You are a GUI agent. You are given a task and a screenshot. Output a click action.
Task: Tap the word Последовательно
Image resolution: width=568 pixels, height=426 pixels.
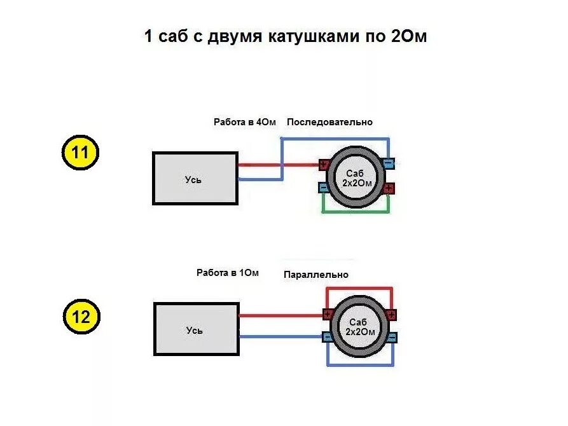329,122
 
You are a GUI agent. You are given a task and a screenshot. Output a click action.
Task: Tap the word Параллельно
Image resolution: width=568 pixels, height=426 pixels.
316,275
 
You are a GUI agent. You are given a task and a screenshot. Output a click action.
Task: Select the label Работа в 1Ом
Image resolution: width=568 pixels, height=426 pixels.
228,273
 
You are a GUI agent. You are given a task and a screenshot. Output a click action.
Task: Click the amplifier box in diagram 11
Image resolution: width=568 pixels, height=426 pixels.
195,179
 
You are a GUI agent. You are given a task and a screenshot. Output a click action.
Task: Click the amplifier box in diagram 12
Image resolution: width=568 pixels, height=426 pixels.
196,329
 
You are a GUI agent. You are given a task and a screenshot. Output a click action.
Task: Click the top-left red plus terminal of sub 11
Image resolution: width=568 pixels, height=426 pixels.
323,165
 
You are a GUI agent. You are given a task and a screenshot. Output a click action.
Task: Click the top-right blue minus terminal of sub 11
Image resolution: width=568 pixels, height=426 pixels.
389,164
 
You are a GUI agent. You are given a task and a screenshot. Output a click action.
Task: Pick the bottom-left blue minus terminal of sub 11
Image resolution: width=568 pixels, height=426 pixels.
323,188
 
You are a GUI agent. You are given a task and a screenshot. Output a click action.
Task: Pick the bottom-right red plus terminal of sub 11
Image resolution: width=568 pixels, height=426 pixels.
389,188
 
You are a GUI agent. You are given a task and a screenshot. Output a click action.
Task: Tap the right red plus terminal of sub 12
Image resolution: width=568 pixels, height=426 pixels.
392,315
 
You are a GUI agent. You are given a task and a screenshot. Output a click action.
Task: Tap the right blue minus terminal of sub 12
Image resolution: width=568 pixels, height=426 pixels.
392,337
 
